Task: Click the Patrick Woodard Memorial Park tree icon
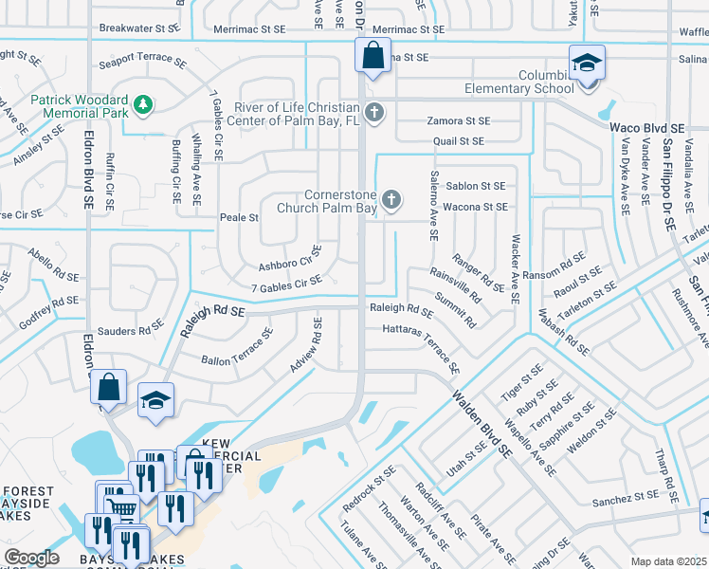(x=143, y=103)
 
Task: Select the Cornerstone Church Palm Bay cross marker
(x=391, y=200)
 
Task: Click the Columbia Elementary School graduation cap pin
(x=587, y=64)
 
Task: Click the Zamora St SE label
(x=459, y=121)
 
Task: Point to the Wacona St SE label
(x=476, y=206)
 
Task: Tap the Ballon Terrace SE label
(x=237, y=347)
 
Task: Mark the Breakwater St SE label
(x=139, y=29)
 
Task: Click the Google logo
(x=31, y=558)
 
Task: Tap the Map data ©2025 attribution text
(x=669, y=561)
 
